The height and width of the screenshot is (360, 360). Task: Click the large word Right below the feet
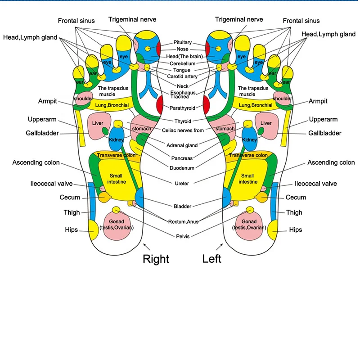click(156, 259)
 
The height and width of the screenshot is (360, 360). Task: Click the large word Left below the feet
click(211, 259)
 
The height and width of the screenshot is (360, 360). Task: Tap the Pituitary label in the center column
click(183, 42)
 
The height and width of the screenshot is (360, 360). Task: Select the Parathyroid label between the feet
click(182, 108)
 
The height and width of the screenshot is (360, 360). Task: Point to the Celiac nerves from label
click(183, 130)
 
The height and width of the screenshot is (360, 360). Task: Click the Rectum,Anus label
click(183, 221)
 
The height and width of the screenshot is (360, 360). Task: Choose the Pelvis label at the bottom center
click(183, 236)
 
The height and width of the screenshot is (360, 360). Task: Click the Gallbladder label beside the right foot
click(42, 133)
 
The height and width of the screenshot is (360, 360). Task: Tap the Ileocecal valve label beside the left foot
click(316, 184)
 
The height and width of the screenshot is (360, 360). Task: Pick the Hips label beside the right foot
click(72, 230)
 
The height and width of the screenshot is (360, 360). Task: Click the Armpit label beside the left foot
click(318, 101)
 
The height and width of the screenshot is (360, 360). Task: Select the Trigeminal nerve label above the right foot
click(132, 19)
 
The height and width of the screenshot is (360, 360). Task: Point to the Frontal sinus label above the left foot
click(301, 21)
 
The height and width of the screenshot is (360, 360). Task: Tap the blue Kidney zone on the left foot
click(250, 139)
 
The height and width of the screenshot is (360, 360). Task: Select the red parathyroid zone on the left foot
click(206, 105)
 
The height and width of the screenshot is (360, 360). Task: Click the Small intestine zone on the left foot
click(248, 179)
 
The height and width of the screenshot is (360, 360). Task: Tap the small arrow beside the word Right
click(147, 247)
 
